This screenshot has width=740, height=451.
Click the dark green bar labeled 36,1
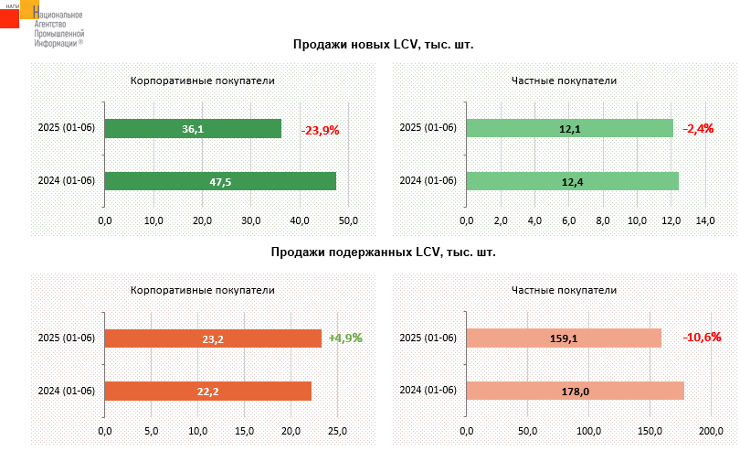pyautogui.click(x=193, y=129)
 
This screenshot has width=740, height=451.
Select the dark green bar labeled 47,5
pyautogui.click(x=220, y=181)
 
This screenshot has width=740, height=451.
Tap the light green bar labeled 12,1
pyautogui.click(x=569, y=129)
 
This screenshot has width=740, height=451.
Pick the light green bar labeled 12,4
pyautogui.click(x=572, y=181)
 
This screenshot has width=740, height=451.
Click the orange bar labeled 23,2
pyautogui.click(x=213, y=338)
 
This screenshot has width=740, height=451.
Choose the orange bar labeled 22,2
pyautogui.click(x=208, y=391)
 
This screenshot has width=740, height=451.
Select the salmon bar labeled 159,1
pyautogui.click(x=564, y=338)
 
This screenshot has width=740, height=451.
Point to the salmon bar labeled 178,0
pyautogui.click(x=575, y=391)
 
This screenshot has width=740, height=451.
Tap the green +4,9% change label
pyautogui.click(x=345, y=338)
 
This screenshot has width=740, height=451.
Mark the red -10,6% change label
pyautogui.click(x=703, y=338)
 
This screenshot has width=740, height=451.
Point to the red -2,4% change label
pyautogui.click(x=699, y=129)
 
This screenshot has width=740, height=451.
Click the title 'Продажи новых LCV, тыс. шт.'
pyautogui.click(x=384, y=44)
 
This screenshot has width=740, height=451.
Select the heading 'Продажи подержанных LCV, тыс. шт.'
pyautogui.click(x=384, y=252)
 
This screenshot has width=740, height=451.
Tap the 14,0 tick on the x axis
pyautogui.click(x=705, y=220)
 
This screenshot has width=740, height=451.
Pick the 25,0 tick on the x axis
pyautogui.click(x=338, y=430)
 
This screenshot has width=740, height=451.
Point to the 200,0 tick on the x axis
pyautogui.click(x=711, y=430)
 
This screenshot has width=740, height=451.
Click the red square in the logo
pyautogui.click(x=9, y=17)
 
